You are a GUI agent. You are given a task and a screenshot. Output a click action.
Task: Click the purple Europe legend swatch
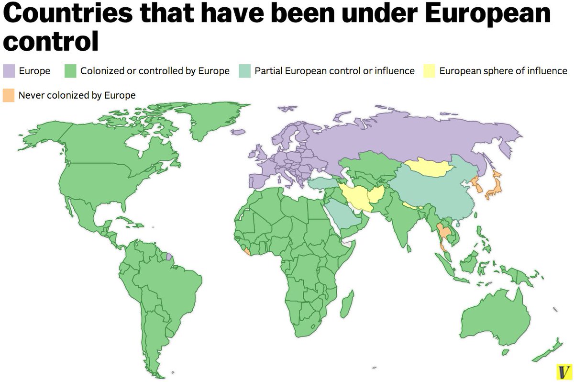coord(9,71)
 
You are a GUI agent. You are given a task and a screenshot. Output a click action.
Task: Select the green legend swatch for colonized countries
coord(70,71)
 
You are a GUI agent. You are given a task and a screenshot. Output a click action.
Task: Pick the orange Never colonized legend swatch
coord(9,95)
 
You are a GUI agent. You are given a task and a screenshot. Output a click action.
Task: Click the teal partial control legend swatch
coord(244,71)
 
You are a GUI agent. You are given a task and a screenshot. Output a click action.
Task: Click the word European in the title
coord(487,15)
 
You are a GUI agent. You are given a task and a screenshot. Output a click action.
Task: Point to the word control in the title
coord(51,42)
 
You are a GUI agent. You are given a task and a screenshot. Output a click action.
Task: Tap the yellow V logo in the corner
coord(563,371)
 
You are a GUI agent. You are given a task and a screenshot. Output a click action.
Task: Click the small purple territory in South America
coord(168,257)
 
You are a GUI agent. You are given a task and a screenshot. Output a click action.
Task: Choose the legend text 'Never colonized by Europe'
coord(77,95)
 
